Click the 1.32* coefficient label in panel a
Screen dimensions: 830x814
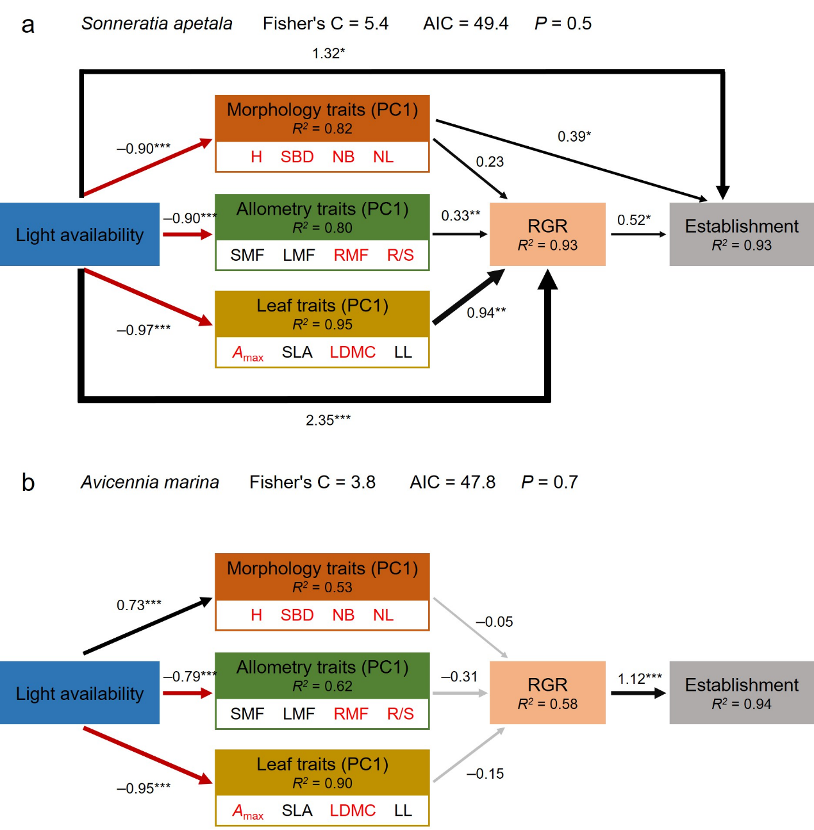328,53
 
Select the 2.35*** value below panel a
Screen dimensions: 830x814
328,420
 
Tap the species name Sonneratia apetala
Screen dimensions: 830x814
156,24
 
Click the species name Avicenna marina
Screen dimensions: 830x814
149,482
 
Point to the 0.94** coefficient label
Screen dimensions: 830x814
486,313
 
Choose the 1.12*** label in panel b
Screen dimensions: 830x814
639,679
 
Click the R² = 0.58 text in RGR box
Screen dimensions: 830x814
547,704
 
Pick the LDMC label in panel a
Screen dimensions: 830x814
353,353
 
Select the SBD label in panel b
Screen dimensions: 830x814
297,615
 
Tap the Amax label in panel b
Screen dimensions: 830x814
247,811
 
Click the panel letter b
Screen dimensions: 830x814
28,482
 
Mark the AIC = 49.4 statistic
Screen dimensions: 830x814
465,24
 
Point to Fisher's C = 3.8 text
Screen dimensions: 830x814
312,482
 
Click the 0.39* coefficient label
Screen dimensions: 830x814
574,137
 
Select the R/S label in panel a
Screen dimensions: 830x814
400,255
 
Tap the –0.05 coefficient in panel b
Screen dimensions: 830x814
494,622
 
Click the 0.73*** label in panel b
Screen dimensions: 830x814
138,605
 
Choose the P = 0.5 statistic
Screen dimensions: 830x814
563,24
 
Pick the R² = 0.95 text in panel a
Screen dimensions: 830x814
322,324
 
